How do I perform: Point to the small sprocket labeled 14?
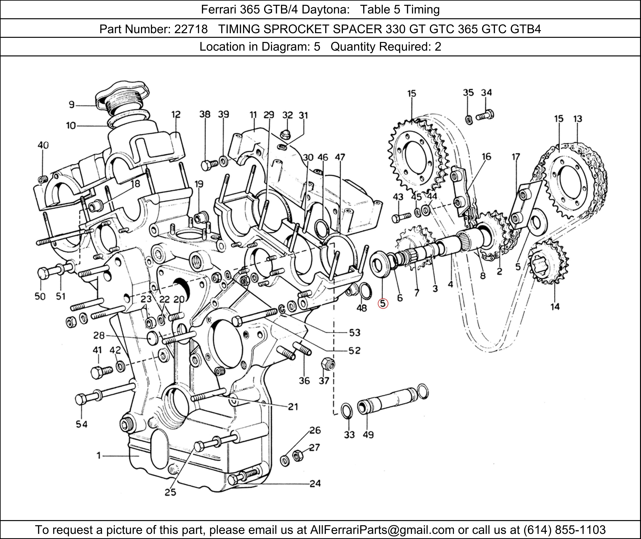(x=548, y=263)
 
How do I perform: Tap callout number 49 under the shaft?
(x=368, y=435)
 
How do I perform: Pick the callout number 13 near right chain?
(x=577, y=119)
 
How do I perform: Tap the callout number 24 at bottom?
(x=315, y=483)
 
